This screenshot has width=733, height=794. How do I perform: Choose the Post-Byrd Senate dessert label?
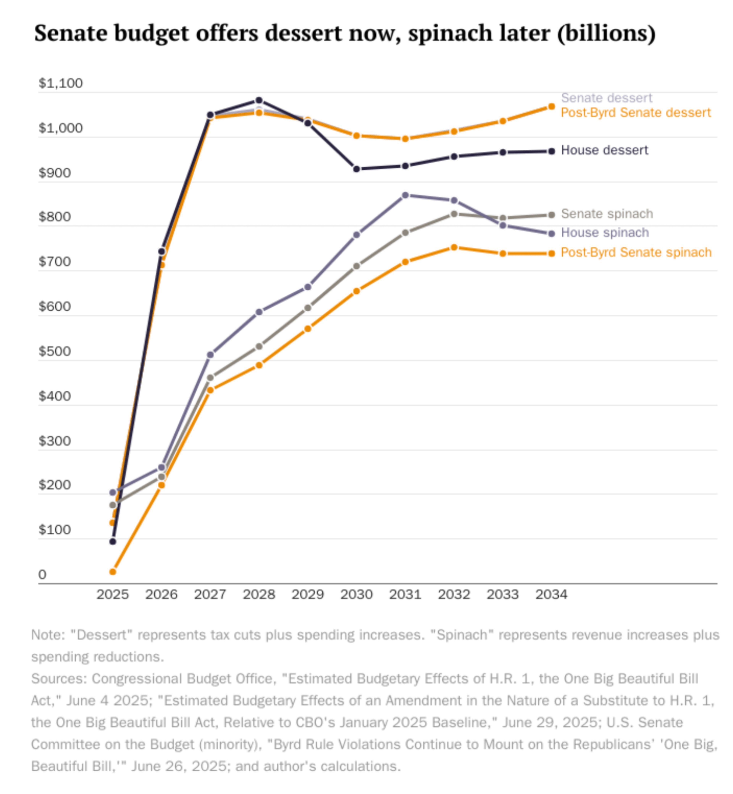(635, 113)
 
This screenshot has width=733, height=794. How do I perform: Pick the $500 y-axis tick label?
(55, 351)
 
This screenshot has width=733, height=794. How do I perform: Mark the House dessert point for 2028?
(259, 100)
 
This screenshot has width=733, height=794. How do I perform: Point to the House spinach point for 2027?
(210, 355)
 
